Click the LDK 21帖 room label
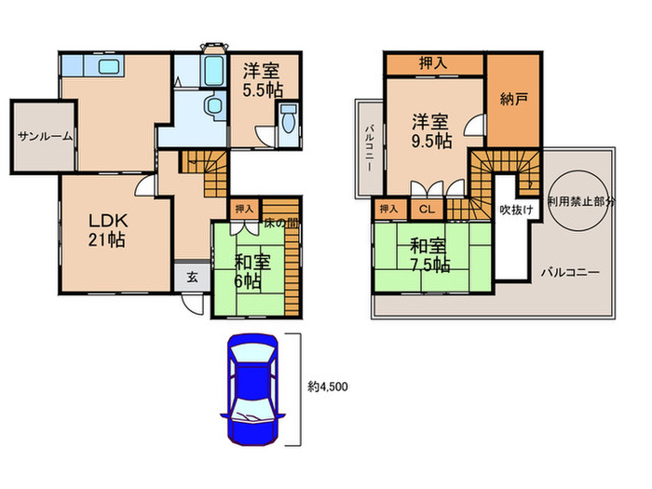coord(107,230)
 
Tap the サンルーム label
coord(46,136)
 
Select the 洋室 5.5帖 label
coord(263,80)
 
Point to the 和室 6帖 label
coord(252,272)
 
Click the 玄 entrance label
coord(192,277)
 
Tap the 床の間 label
coord(281,223)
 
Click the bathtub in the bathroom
coord(214,71)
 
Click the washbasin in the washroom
coord(213,104)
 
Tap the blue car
coord(252,389)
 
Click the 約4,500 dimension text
coord(328,387)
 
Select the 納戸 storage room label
coord(514,99)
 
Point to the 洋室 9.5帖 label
coord(431,132)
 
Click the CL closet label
coord(427,210)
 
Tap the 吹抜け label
coord(516,210)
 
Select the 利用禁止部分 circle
coord(578,201)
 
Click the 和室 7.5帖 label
coord(430,255)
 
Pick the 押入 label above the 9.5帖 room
coord(433,63)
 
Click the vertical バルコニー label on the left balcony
coord(369,148)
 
